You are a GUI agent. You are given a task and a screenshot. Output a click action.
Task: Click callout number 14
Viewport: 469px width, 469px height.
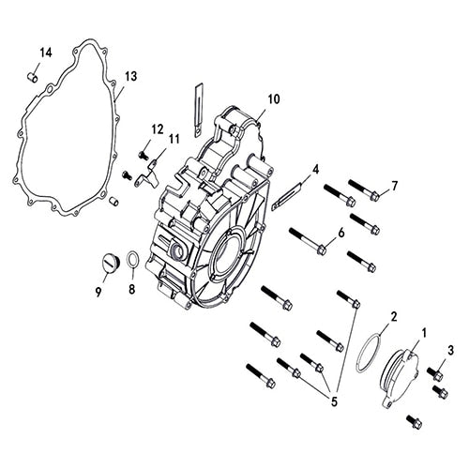pos(46,51)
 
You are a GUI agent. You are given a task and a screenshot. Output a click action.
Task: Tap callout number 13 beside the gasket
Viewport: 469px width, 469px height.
pos(130,75)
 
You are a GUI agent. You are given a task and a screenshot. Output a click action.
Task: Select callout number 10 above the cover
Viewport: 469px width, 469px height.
pos(273,98)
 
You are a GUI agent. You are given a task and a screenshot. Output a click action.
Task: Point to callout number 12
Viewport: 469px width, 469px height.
pos(157,129)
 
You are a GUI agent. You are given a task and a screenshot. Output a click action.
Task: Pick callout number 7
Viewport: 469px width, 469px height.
pos(395,186)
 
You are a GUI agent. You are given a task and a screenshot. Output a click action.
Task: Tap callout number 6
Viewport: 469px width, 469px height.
pos(340,232)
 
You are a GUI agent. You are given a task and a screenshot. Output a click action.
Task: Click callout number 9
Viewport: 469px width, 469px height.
pos(97,290)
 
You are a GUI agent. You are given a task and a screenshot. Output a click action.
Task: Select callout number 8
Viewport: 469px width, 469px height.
pos(132,289)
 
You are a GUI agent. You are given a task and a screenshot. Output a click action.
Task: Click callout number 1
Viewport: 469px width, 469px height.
pos(424,332)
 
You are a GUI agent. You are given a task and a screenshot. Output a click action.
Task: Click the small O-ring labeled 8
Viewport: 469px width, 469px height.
pos(133,258)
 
